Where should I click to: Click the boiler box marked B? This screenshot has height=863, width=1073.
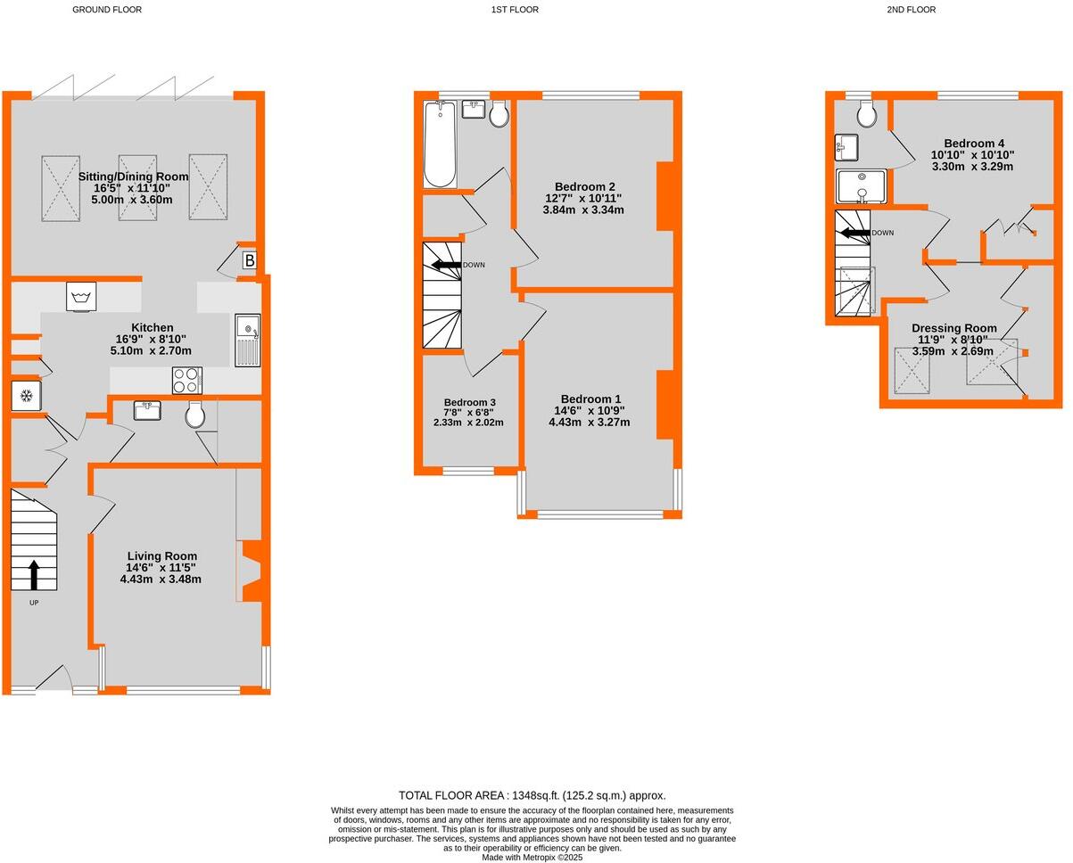249,261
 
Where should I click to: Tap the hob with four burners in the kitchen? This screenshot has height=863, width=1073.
187,381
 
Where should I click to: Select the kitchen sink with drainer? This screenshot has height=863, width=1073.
248,341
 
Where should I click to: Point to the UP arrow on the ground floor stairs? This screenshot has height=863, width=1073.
33,575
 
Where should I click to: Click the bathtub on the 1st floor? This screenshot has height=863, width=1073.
439,144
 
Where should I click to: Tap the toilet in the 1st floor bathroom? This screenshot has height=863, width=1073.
499,113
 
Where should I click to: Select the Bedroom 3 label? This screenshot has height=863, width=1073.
469,402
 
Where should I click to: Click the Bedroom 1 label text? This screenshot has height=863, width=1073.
590,399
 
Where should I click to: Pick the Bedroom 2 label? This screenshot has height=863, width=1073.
590,186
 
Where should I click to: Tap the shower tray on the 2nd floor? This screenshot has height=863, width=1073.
861,187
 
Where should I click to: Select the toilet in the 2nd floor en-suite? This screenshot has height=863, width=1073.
863,113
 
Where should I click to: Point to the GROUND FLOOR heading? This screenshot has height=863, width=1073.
107,10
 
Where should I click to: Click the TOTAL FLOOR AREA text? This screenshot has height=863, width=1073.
532,795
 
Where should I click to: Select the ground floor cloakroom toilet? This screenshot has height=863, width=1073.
195,414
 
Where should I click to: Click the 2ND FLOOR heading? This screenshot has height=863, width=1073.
911,10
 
